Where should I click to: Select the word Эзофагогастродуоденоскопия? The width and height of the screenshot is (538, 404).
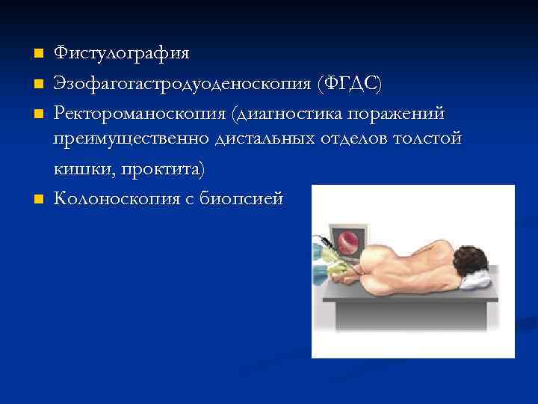[183, 84]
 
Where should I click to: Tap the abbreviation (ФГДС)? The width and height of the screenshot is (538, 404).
[350, 84]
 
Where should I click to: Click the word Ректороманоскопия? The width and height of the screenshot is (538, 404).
[140, 113]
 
